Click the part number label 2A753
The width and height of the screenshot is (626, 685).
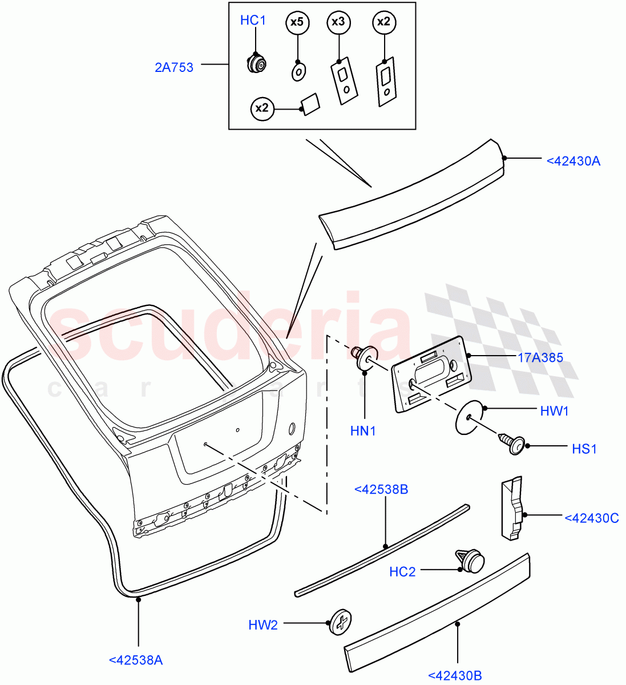[174, 67]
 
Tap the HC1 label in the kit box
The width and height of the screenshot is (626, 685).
[253, 21]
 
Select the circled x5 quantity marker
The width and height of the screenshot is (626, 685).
[297, 23]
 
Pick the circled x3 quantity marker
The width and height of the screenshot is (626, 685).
[338, 22]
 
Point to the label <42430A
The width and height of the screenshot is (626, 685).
[573, 161]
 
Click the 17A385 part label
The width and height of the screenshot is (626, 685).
[540, 358]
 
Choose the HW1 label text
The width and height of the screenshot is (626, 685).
[554, 411]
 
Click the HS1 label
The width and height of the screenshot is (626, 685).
[584, 449]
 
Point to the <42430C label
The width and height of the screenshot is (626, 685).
[592, 518]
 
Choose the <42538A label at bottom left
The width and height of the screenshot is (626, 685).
[135, 660]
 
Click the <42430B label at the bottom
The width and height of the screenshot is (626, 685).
[454, 675]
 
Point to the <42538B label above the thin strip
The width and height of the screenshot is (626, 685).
[381, 490]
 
